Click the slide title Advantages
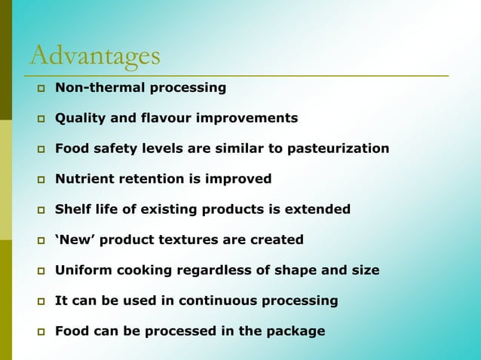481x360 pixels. point(95,55)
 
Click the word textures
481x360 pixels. point(188,239)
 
